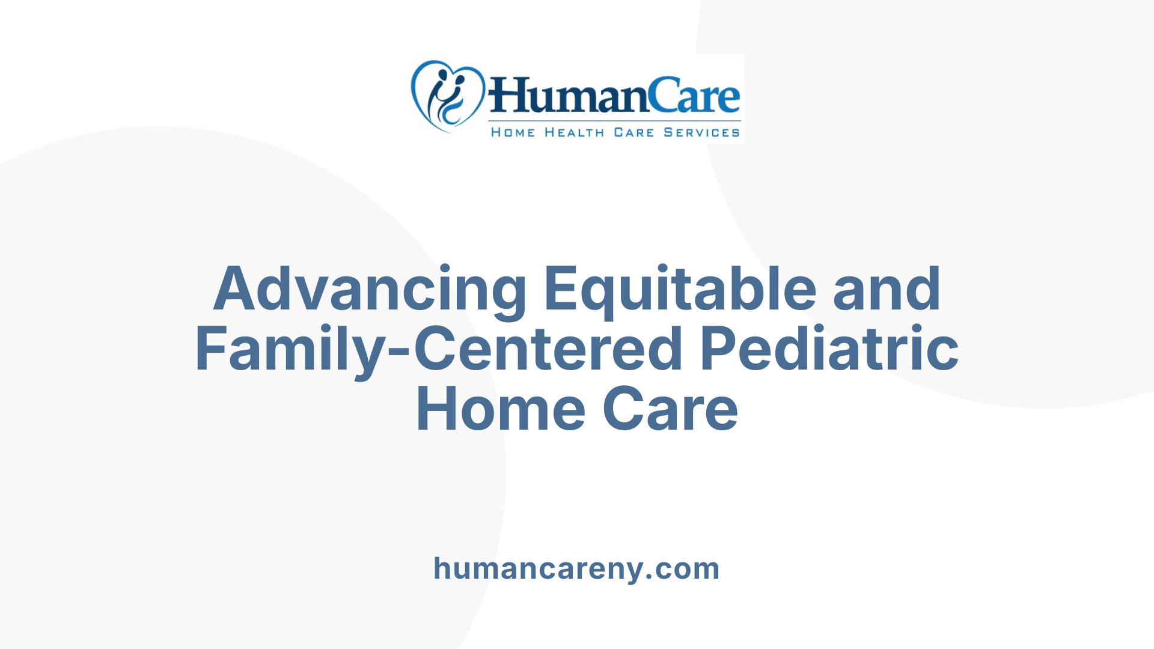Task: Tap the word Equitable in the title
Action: (680, 290)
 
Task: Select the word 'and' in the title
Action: (887, 290)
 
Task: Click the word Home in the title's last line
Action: (500, 410)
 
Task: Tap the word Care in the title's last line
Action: (670, 410)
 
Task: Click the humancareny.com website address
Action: (576, 568)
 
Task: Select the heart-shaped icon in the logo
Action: (447, 96)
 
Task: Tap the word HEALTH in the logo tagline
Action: (574, 133)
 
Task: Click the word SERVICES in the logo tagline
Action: (701, 133)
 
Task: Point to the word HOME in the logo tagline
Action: (513, 133)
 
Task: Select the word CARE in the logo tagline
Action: (633, 133)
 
